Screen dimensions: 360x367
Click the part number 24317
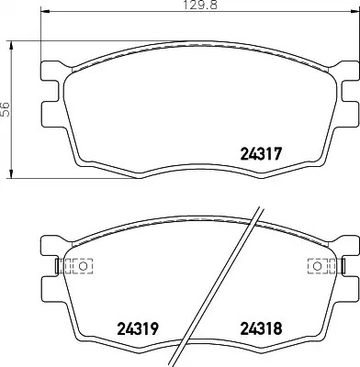[261, 154]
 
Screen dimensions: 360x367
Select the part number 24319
[138, 328]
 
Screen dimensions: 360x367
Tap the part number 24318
[261, 328]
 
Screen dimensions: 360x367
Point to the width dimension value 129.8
[200, 6]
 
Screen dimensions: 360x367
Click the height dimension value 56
[6, 109]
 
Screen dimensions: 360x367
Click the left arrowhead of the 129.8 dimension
[45, 12]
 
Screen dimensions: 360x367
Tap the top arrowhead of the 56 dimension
[11, 45]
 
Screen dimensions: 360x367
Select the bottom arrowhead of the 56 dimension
[11, 173]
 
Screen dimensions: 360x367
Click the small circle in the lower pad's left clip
[83, 266]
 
